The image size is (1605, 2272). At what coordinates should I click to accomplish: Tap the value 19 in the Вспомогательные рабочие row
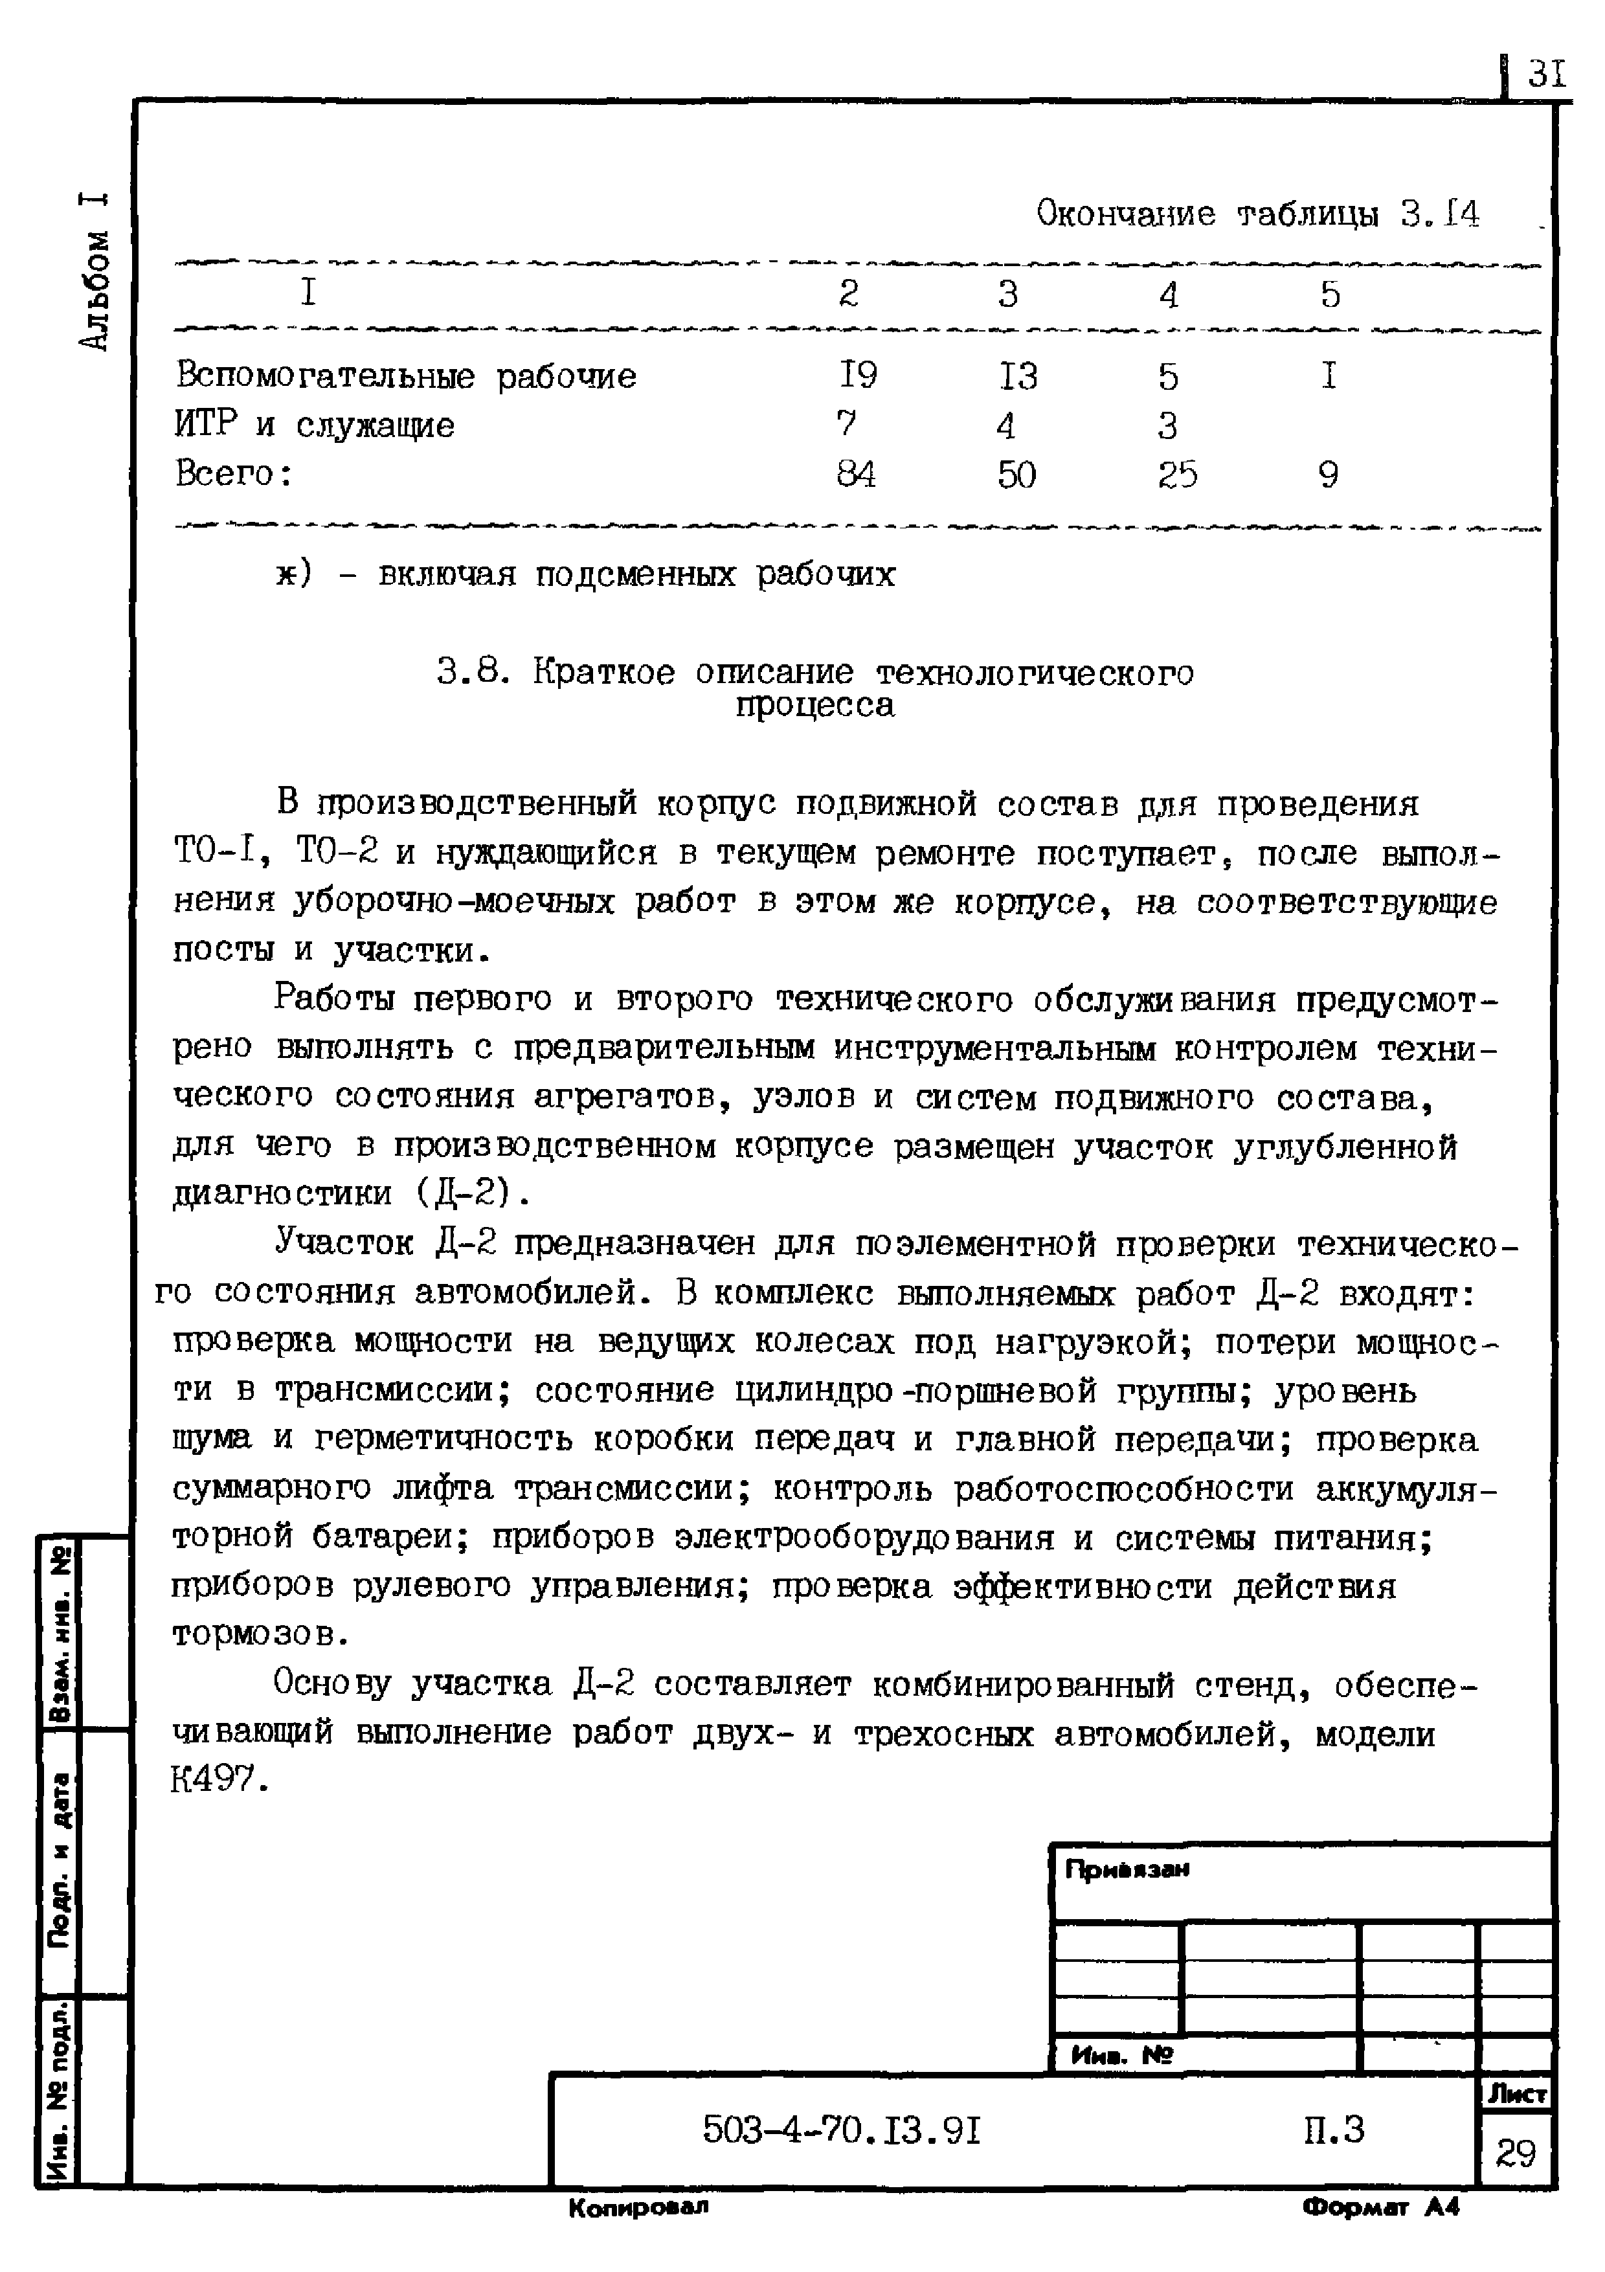857,376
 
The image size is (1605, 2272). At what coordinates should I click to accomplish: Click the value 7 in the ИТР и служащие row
846,425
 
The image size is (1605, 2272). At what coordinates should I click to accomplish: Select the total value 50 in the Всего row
1016,475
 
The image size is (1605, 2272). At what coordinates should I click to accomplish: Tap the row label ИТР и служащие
315,425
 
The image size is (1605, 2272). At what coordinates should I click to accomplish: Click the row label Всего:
234,474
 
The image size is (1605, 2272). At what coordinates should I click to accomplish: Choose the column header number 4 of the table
1169,295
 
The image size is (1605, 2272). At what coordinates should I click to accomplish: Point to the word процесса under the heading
814,706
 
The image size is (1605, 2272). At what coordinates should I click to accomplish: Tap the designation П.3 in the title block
1333,2128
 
